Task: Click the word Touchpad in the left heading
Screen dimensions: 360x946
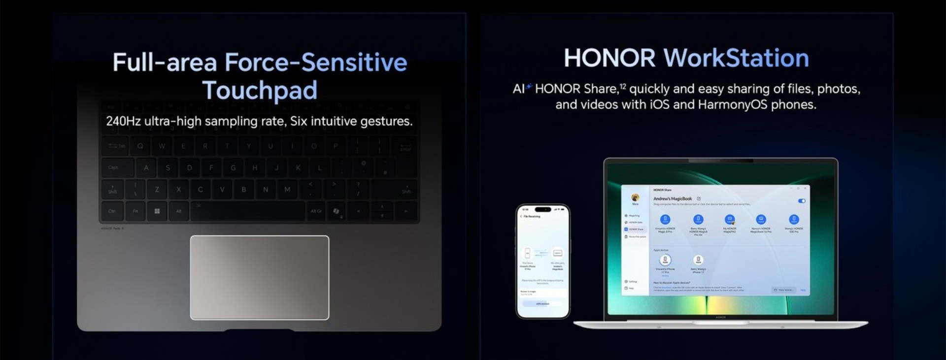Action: pos(260,91)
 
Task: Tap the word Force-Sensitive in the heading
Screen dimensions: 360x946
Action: pos(316,63)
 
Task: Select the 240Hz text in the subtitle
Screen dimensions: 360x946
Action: pos(123,121)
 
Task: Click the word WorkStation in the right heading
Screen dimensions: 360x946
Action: pos(736,58)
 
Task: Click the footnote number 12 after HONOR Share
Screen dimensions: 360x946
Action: pos(623,87)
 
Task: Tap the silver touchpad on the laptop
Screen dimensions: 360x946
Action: pos(260,277)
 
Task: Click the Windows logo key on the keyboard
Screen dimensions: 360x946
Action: pos(157,211)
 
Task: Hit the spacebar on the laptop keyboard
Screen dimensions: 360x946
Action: pos(247,211)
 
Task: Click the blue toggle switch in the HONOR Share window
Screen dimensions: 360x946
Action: pos(802,201)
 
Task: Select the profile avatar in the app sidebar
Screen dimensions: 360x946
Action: pos(635,197)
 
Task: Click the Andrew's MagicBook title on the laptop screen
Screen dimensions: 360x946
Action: pos(673,198)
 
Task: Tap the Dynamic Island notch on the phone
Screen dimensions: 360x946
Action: pos(542,209)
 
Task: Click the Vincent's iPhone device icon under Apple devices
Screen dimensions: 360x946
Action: pos(665,260)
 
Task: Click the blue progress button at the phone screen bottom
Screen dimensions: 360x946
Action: pos(542,304)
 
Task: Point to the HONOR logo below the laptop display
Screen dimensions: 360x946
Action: pos(720,317)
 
